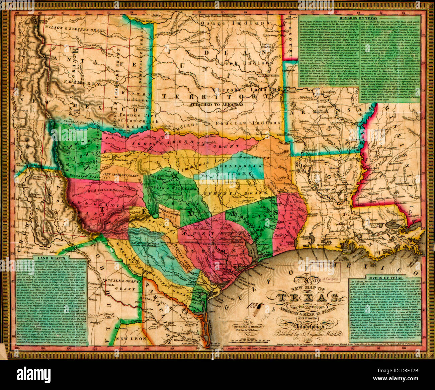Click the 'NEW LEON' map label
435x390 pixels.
(x=130, y=338)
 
